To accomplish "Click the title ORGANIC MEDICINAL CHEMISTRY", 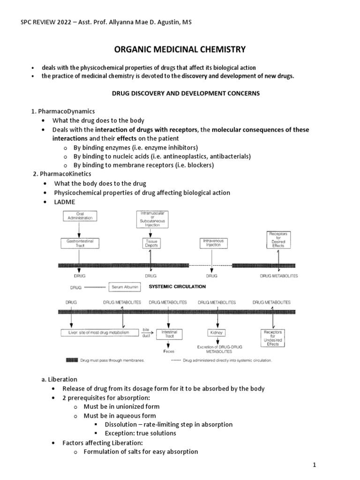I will (180, 49).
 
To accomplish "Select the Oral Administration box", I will (80, 216).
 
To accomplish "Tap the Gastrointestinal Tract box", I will (80, 243).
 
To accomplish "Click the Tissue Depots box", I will (150, 243).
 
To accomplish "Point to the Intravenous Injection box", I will (213, 243).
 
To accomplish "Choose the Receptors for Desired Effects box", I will (278, 239).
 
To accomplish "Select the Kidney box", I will (217, 332).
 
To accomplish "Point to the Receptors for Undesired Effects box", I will (272, 337).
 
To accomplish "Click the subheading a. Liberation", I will (60, 379).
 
